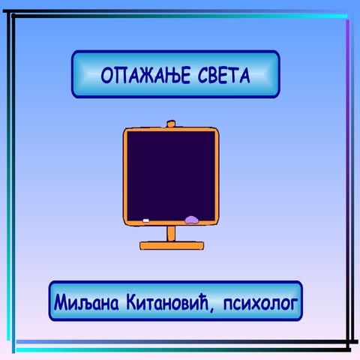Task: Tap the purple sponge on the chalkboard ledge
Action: tap(192, 220)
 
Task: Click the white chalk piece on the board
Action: tap(146, 220)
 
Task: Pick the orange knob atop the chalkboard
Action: tap(170, 123)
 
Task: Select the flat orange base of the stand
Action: tap(171, 244)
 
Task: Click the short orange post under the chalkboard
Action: tap(171, 233)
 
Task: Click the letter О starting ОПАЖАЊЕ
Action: tap(107, 75)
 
